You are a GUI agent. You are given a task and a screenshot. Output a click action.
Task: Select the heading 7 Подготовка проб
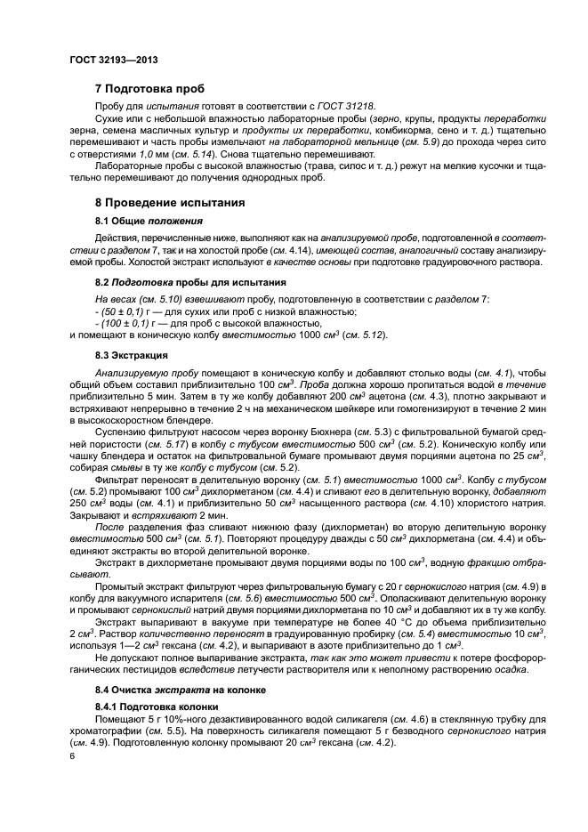[149, 89]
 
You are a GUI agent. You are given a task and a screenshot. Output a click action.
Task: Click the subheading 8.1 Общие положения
[149, 220]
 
